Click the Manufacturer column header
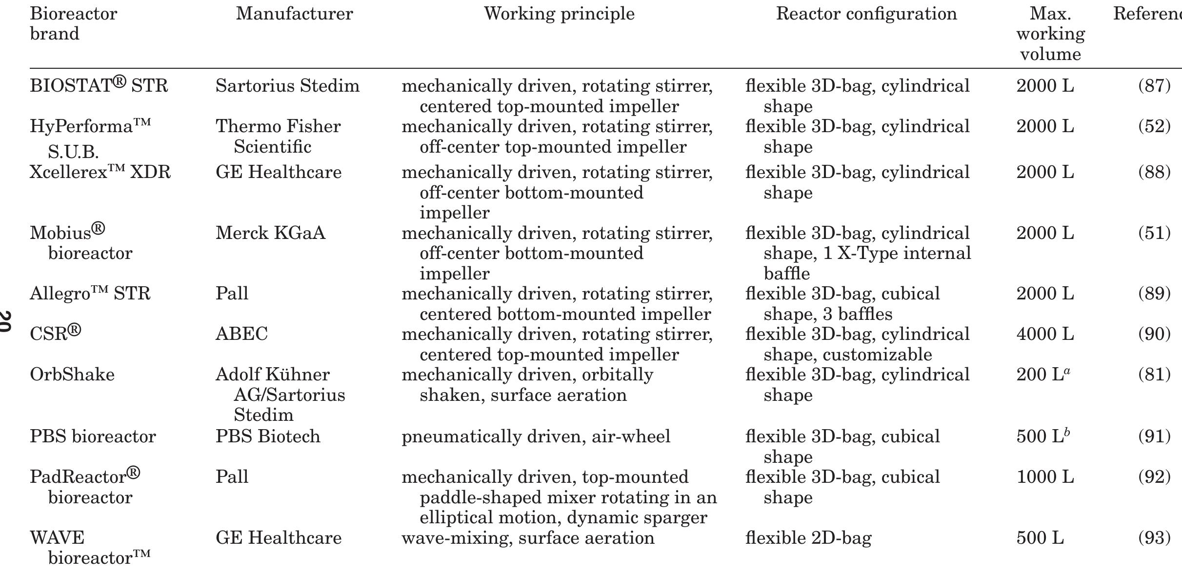tap(294, 14)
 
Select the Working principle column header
tap(559, 14)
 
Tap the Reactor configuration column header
tap(866, 14)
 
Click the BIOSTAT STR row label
tap(99, 86)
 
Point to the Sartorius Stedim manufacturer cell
tap(287, 86)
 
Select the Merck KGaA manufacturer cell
tap(270, 233)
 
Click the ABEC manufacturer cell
tap(241, 334)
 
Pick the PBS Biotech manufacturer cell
tap(268, 436)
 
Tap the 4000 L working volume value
tap(1045, 334)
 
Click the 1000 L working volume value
tap(1045, 476)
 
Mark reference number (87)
tap(1154, 86)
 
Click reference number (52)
tap(1154, 126)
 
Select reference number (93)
tap(1154, 538)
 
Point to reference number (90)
tap(1154, 334)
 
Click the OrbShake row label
tap(72, 375)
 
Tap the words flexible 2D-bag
tap(808, 538)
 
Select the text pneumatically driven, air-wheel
tap(536, 436)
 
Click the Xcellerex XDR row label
tap(100, 172)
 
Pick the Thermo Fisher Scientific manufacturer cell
tap(278, 136)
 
